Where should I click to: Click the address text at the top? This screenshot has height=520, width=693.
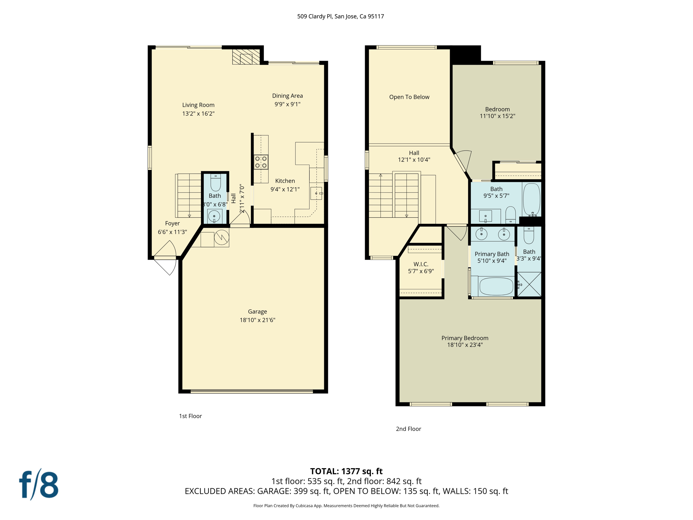(x=340, y=16)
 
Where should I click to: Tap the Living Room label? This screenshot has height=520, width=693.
(x=198, y=105)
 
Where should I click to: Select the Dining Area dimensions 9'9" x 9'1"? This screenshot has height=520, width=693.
(x=287, y=104)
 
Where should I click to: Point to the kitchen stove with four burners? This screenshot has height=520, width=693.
(x=261, y=162)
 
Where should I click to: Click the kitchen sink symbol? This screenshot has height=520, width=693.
(x=317, y=193)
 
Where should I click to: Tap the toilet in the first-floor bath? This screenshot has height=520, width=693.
(x=216, y=183)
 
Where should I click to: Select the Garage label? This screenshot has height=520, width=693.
(x=258, y=311)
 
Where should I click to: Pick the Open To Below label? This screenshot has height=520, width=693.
(x=409, y=97)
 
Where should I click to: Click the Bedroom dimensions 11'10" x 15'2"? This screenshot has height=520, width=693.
(x=497, y=116)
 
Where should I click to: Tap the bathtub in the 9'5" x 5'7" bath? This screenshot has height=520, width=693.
(x=532, y=199)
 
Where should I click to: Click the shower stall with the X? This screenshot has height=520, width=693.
(x=529, y=285)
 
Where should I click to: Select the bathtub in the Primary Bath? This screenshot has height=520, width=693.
(x=496, y=286)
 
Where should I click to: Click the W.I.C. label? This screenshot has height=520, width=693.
(x=421, y=264)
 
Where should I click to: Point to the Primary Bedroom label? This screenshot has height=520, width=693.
(x=465, y=338)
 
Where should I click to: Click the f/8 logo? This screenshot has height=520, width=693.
(x=39, y=485)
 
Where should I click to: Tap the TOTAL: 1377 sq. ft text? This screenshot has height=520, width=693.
(x=346, y=471)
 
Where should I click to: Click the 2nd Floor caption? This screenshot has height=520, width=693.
(x=408, y=429)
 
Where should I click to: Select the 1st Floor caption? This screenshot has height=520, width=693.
(x=190, y=416)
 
